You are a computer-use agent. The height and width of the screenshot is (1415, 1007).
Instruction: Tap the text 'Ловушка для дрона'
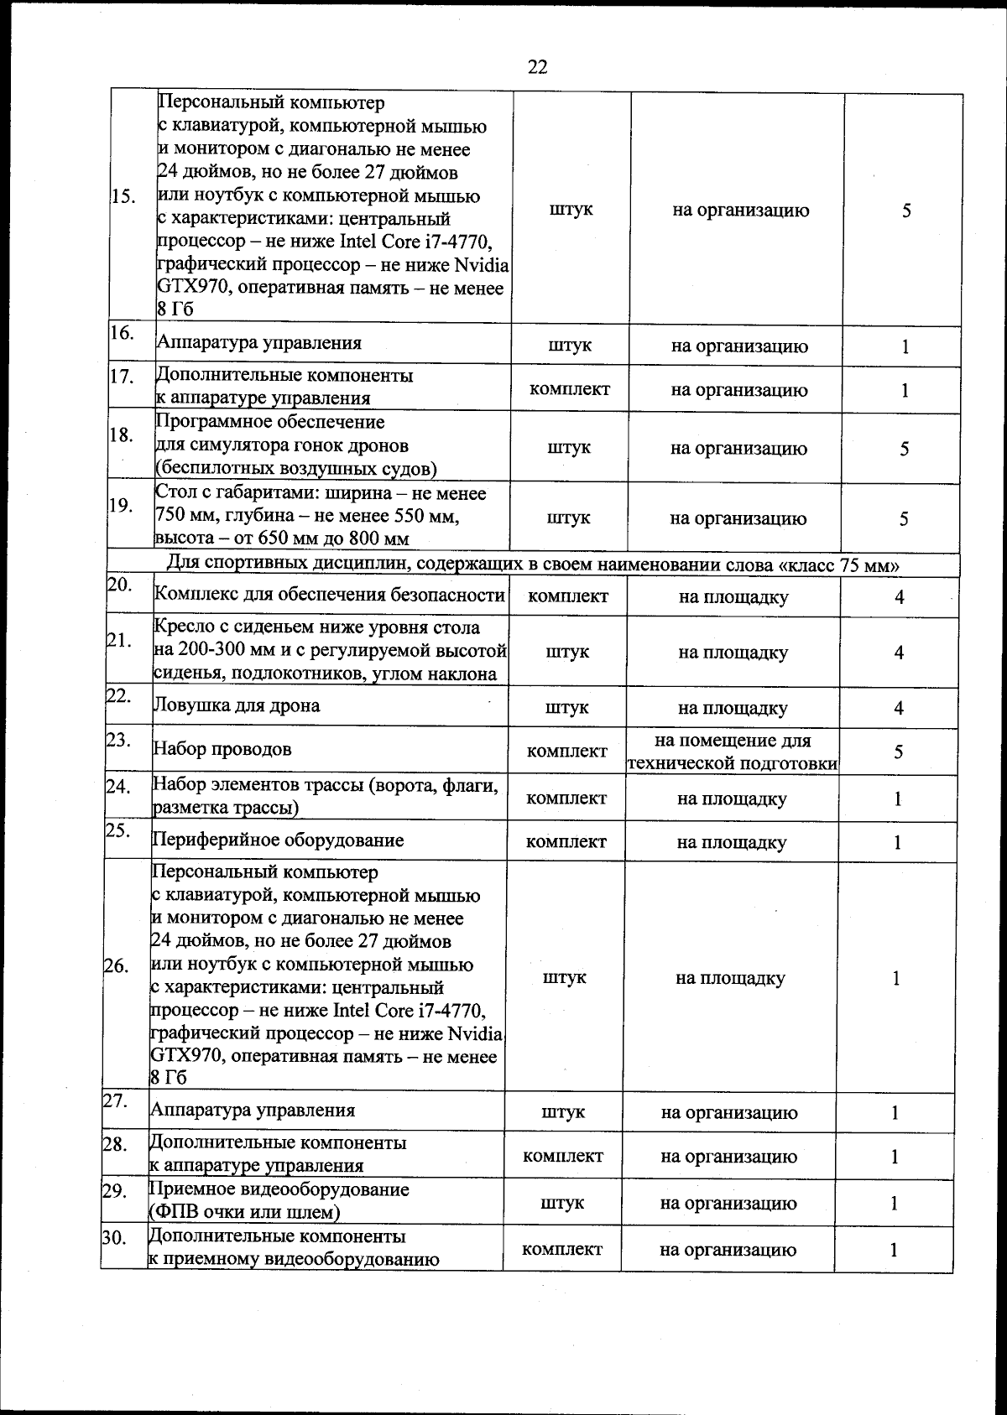237,705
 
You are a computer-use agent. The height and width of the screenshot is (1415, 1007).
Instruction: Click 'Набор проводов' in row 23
222,749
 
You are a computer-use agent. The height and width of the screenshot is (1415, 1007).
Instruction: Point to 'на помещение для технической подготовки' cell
733,752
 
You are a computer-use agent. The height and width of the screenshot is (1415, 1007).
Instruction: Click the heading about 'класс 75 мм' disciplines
535,564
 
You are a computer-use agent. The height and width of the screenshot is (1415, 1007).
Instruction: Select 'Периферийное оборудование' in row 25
278,840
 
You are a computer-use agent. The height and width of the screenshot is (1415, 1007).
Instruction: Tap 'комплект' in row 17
570,389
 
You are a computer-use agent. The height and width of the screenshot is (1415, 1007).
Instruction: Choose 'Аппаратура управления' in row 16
259,342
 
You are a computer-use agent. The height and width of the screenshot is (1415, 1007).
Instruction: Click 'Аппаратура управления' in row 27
253,1111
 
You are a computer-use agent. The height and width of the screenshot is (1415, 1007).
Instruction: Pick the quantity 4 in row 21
899,652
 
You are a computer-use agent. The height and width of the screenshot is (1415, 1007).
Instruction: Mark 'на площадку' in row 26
730,978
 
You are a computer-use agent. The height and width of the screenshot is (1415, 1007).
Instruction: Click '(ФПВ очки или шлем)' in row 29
244,1212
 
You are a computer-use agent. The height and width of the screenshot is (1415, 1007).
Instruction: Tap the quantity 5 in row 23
898,751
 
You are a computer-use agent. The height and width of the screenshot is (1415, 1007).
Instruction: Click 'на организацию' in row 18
738,449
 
